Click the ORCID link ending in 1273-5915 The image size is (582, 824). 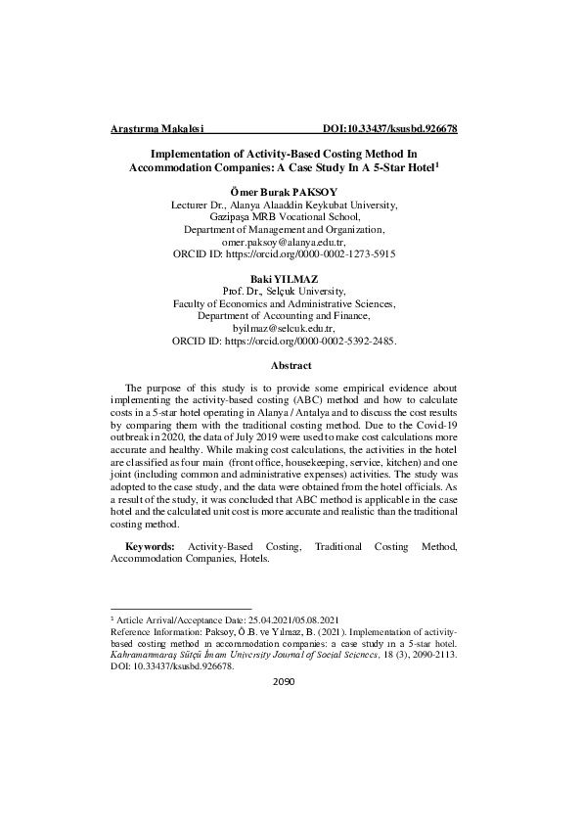[x=324, y=253]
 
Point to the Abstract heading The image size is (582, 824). [x=291, y=366]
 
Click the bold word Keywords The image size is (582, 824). [x=151, y=546]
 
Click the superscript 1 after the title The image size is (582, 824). [x=436, y=164]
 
